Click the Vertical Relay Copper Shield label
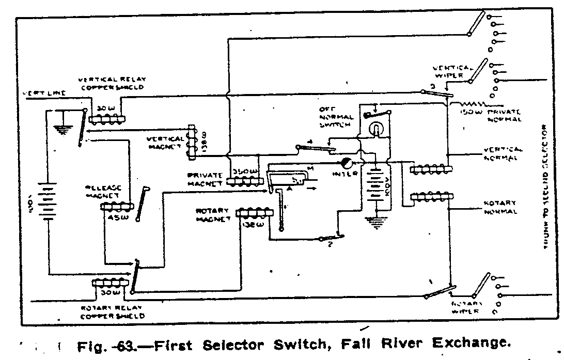(112, 83)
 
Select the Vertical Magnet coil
(192, 140)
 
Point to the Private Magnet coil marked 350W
(242, 181)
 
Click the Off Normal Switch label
(336, 116)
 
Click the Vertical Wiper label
(452, 71)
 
